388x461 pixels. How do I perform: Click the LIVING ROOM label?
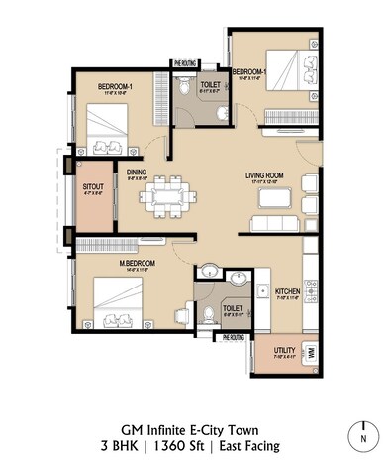(x=264, y=175)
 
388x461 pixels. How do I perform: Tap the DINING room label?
(x=137, y=171)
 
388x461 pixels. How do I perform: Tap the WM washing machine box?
(x=311, y=352)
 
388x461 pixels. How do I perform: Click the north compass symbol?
(x=362, y=434)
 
